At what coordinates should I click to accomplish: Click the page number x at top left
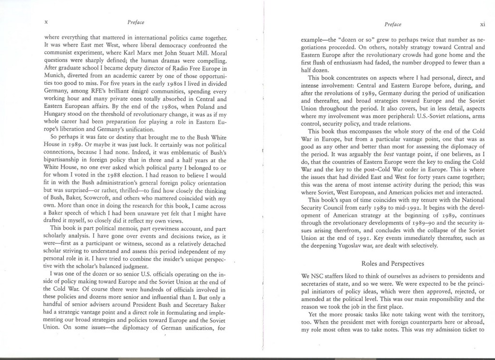45,22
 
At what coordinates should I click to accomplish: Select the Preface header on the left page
136,22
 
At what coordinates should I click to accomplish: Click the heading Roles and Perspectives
392,263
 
